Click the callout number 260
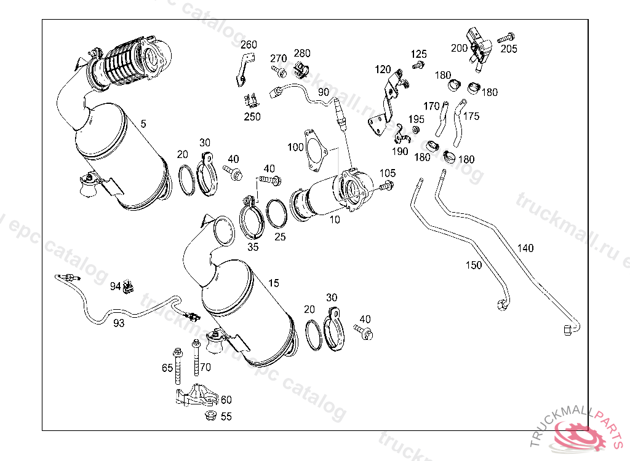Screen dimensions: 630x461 [249, 45]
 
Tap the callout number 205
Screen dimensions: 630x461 [509, 49]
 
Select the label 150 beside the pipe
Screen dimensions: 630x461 [474, 265]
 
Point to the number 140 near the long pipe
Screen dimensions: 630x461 [525, 248]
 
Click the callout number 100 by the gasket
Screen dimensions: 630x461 [295, 148]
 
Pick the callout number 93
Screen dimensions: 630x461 [119, 323]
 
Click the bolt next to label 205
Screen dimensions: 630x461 [506, 38]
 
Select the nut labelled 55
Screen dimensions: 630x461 [210, 416]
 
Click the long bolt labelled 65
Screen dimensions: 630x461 [178, 366]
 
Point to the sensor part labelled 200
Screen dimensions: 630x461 [479, 49]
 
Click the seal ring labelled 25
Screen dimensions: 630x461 [277, 214]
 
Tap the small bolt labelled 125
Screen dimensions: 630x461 [418, 65]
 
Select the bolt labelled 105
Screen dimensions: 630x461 [386, 186]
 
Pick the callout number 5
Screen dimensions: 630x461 [143, 124]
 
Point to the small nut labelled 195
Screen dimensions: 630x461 [417, 129]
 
